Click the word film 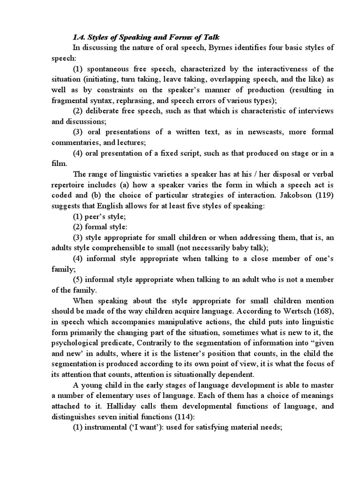point(59,164)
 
